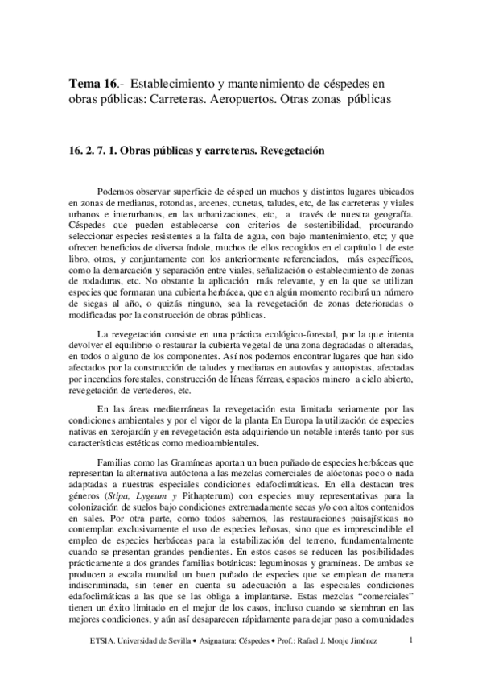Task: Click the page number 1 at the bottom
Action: [x=411, y=640]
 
